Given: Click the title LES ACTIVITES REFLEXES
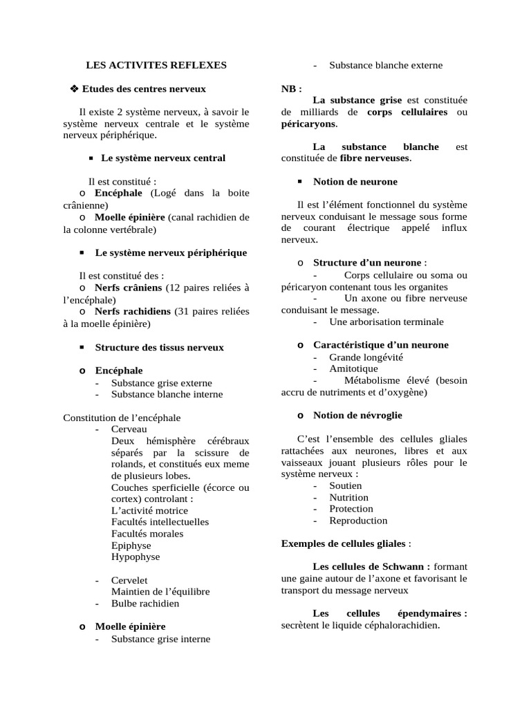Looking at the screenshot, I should click(x=156, y=65).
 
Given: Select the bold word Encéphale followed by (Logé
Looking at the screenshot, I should click(x=119, y=193).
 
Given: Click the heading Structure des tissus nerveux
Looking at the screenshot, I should click(x=159, y=347).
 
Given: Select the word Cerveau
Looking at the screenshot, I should click(x=129, y=429).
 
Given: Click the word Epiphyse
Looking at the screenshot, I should click(x=131, y=545).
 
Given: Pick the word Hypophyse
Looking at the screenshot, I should click(x=135, y=557).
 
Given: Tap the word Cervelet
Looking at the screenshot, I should click(x=129, y=580).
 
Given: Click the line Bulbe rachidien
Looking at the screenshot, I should click(x=145, y=604).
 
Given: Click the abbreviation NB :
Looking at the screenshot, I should click(x=291, y=89).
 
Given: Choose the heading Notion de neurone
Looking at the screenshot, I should click(x=355, y=181).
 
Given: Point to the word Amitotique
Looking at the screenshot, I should click(x=353, y=369).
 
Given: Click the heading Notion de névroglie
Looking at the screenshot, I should click(x=357, y=415).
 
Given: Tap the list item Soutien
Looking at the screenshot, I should click(x=345, y=485).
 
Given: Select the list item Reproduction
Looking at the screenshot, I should click(x=358, y=521).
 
